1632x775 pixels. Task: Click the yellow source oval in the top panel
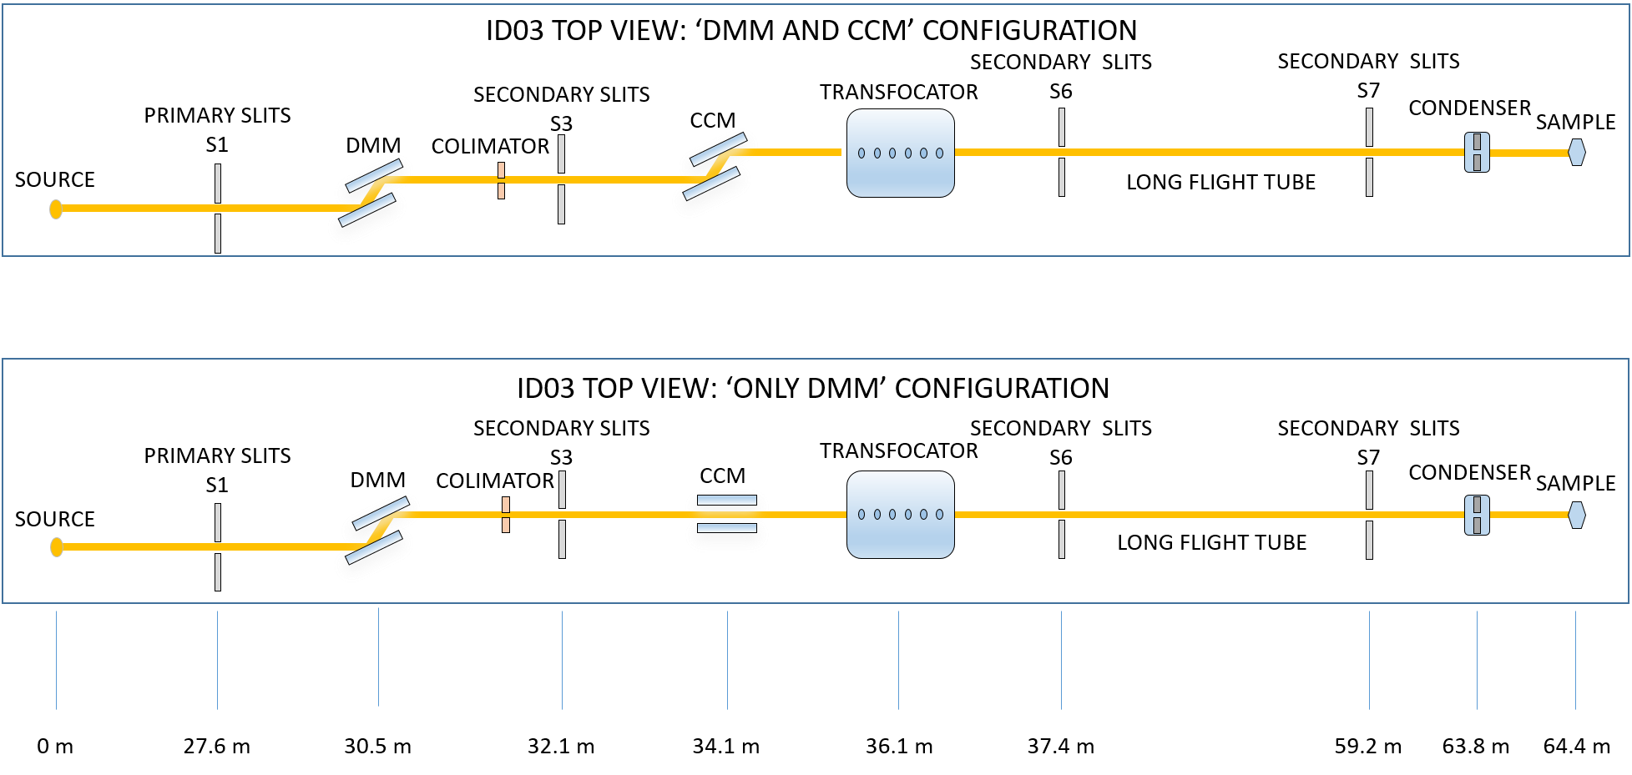[x=56, y=209]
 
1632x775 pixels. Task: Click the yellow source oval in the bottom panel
[x=57, y=547]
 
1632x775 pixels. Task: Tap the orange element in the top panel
[x=501, y=180]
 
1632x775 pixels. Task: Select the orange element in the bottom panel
[x=506, y=514]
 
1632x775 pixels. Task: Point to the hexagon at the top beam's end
[x=1576, y=153]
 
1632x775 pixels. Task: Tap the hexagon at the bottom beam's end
[x=1576, y=515]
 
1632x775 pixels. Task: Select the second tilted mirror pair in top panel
[x=715, y=174]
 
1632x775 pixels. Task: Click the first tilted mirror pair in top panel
[x=371, y=200]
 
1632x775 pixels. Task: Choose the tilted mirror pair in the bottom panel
[x=377, y=536]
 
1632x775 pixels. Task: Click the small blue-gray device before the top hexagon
[x=1477, y=153]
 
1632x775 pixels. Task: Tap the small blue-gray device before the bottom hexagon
[x=1477, y=515]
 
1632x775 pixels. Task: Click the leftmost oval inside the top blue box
[x=861, y=153]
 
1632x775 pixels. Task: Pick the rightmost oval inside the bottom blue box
[x=939, y=515]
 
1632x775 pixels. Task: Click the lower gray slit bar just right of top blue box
[x=1062, y=177]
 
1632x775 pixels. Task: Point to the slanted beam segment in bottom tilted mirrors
[x=380, y=530]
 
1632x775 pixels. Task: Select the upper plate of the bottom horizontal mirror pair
[x=727, y=501]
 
